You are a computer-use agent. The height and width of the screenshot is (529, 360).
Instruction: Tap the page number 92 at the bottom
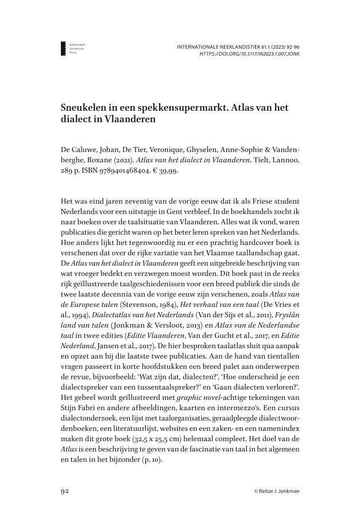[x=66, y=491]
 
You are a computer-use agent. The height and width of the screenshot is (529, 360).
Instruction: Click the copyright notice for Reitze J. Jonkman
[x=277, y=492]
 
